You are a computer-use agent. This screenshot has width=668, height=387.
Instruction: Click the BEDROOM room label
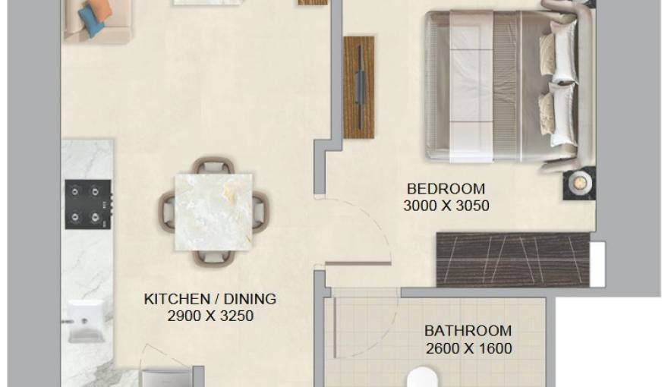click(x=446, y=189)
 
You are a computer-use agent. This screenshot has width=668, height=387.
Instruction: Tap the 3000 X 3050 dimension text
click(x=446, y=205)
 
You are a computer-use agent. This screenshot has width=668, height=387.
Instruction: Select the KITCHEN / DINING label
click(x=210, y=299)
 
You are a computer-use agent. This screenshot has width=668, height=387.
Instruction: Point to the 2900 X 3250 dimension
click(x=210, y=316)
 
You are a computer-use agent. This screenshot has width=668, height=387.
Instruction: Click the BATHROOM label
click(x=468, y=332)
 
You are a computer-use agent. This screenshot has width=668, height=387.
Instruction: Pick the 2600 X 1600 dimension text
click(x=468, y=349)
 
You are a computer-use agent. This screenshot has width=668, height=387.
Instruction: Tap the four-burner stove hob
click(x=88, y=203)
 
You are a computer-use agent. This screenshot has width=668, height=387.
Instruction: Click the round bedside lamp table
click(x=578, y=183)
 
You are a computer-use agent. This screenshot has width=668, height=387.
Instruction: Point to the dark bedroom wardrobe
click(x=513, y=260)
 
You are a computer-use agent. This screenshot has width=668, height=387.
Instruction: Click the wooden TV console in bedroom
click(x=359, y=87)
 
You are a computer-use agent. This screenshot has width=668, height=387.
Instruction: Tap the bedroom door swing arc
click(x=357, y=228)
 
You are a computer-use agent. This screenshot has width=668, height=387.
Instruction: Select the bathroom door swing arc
click(x=372, y=326)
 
